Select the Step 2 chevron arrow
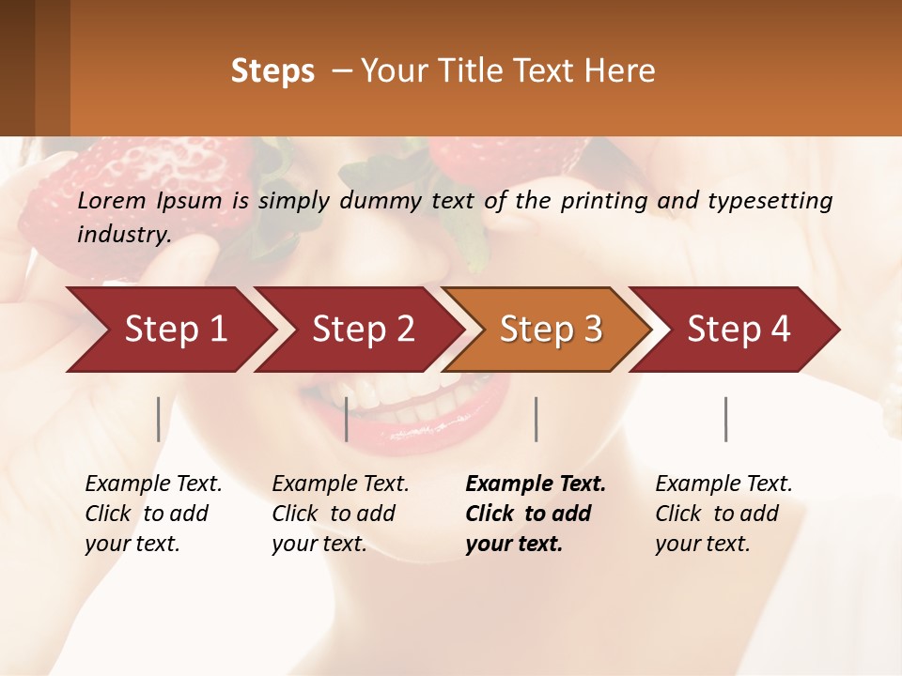(362, 329)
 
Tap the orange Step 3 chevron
(550, 329)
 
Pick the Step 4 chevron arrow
(738, 329)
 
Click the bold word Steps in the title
(272, 71)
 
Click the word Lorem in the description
(112, 200)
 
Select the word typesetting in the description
(778, 200)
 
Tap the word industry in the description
(123, 234)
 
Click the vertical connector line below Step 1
(159, 419)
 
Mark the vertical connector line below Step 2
(347, 419)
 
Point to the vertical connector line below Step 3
(536, 419)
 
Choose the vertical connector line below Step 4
(726, 419)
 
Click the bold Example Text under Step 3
(536, 484)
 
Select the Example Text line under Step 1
(153, 484)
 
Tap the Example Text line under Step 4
(723, 484)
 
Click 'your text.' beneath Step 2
(319, 544)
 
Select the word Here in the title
(626, 71)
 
